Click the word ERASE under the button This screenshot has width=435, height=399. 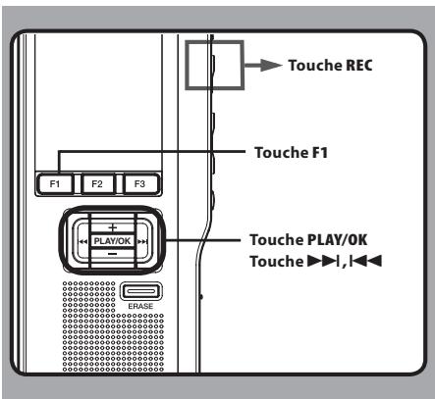(x=137, y=305)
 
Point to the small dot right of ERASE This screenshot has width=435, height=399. (x=200, y=296)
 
